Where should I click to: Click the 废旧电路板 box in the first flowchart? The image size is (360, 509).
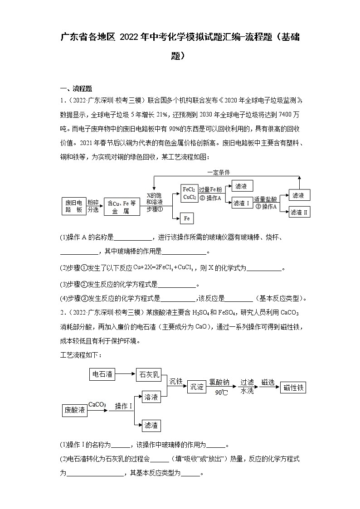(x=73, y=206)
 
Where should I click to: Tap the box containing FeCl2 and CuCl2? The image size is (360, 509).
(x=189, y=193)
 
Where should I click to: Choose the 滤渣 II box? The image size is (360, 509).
(x=299, y=212)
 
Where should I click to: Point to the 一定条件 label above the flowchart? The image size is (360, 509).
(x=219, y=172)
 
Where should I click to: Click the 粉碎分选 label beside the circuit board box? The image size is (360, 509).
(x=93, y=206)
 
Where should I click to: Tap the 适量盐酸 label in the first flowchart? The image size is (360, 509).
(x=265, y=199)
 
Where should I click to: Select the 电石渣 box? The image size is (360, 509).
(x=102, y=374)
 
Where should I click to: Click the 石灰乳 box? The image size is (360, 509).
(x=148, y=374)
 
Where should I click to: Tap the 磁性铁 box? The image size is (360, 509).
(x=293, y=387)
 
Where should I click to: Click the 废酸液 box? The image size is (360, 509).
(x=74, y=410)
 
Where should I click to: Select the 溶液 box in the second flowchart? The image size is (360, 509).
(x=151, y=397)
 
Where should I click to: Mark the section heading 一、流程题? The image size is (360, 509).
(x=76, y=88)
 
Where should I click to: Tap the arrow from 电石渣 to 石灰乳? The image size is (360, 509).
(x=125, y=374)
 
